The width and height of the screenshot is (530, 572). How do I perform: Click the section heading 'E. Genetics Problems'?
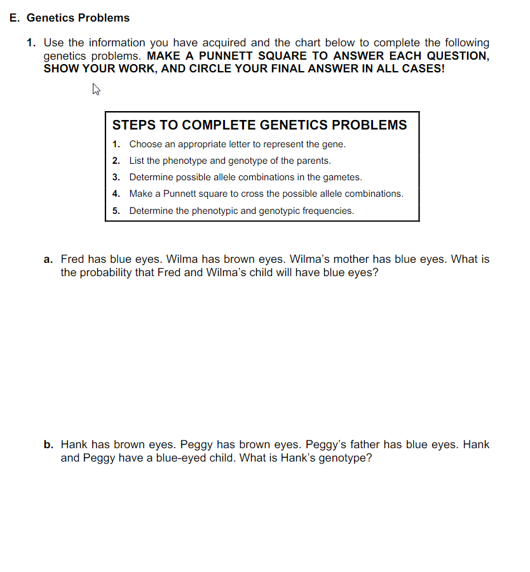click(70, 18)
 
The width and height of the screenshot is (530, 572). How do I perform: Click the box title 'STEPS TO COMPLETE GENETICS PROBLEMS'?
click(259, 124)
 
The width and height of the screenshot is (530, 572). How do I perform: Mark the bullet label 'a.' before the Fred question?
click(48, 259)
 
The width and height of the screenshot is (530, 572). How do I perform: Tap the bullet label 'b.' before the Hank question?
click(48, 444)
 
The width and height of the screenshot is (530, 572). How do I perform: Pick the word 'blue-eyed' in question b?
click(183, 458)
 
